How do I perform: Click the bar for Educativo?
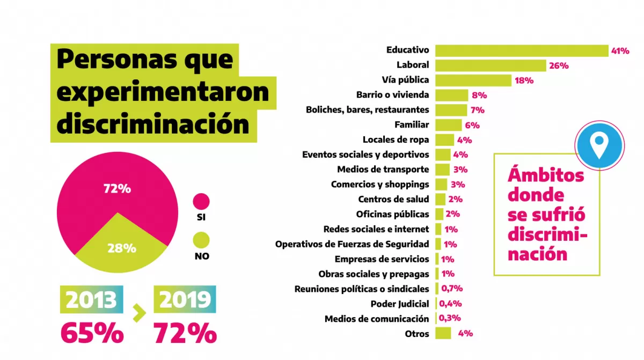click(521, 50)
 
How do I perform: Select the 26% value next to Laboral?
click(559, 65)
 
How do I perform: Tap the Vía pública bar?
click(473, 80)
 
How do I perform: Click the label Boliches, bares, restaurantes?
click(367, 110)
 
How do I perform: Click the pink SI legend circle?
click(201, 201)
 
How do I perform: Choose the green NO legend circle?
click(201, 240)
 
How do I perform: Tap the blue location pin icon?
click(598, 144)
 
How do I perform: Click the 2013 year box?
click(91, 300)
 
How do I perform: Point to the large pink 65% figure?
click(92, 333)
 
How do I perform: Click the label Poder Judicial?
click(400, 304)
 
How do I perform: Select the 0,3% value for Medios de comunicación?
click(450, 319)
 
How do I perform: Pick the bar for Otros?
click(443, 333)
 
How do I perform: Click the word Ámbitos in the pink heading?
click(545, 176)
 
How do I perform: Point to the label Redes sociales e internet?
click(376, 229)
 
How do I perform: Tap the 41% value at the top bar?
click(620, 51)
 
